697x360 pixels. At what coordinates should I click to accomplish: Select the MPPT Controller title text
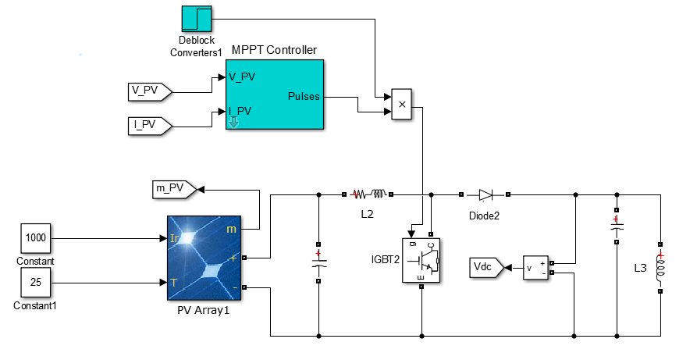coord(274,51)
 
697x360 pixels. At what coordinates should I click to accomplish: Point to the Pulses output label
coord(303,96)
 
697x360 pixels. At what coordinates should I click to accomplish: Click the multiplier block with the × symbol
coord(402,104)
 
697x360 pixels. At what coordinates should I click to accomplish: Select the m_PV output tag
coord(172,188)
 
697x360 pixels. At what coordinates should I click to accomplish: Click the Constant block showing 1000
coord(36,237)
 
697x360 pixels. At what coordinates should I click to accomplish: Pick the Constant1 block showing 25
coord(36,283)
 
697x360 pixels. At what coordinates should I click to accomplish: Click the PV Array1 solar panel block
coord(205,258)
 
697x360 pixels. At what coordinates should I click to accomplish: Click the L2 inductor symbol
coord(368,194)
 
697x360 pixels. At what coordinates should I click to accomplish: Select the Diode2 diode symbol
coord(485,194)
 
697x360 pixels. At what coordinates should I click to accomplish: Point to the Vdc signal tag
coord(486,268)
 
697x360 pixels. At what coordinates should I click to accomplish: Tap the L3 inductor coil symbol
coord(660,269)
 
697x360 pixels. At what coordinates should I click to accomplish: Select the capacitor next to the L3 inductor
coord(617,226)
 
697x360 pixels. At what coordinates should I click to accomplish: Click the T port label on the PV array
coord(172,282)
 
